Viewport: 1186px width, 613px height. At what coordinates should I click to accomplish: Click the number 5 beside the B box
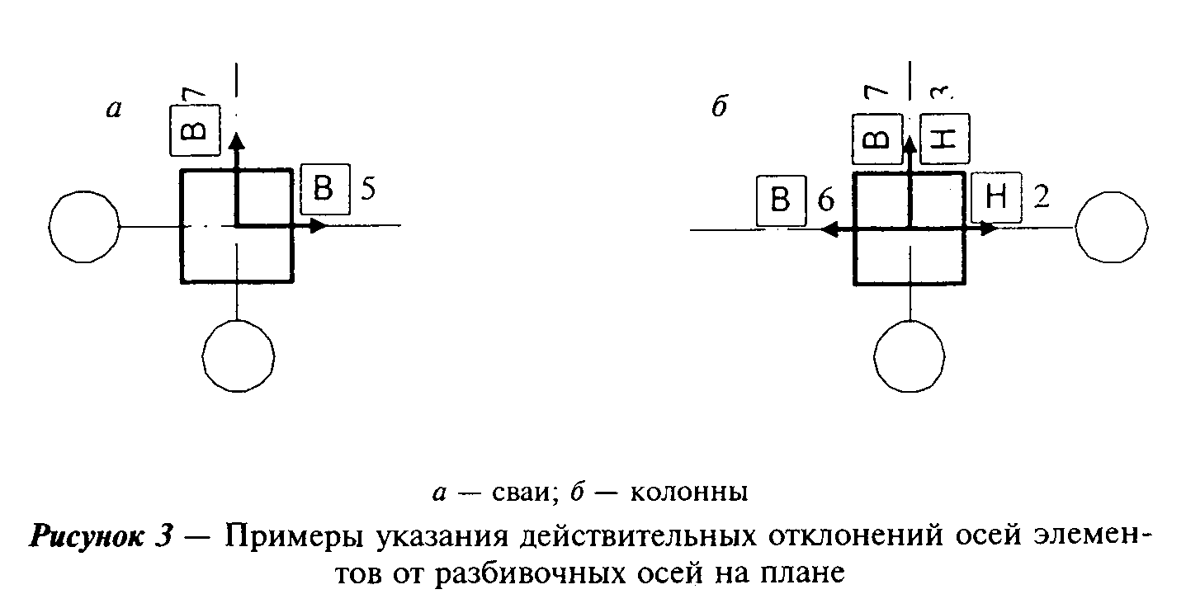tap(368, 188)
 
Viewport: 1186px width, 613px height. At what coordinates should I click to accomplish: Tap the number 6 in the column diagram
tap(826, 200)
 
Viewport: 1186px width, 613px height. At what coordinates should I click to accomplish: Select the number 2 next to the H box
tap(1042, 196)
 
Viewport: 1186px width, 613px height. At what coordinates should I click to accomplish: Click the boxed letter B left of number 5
tap(325, 189)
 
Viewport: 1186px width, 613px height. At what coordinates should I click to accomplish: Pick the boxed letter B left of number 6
tap(782, 200)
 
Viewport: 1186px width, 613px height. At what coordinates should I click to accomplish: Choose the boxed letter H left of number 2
tap(997, 197)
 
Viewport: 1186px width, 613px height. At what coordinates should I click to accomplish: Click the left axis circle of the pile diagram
tap(84, 227)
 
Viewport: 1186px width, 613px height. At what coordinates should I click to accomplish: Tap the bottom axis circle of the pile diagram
tap(239, 356)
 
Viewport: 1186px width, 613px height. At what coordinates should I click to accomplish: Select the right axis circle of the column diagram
tap(1112, 228)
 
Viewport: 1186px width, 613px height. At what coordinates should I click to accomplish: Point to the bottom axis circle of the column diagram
tap(909, 356)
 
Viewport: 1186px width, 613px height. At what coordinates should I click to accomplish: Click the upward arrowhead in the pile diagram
tap(237, 141)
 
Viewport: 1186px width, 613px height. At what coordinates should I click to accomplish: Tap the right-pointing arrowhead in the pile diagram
tap(319, 226)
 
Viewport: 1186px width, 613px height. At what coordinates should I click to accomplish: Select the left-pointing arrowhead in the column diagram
tap(829, 229)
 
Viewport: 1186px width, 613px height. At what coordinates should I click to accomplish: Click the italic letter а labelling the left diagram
tap(114, 110)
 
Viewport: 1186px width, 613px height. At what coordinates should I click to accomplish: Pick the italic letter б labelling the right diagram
tap(720, 106)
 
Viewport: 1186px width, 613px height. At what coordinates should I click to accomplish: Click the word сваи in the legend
tap(522, 493)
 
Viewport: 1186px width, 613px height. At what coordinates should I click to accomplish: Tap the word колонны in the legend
tap(689, 493)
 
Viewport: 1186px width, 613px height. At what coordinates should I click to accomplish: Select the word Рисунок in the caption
tap(87, 536)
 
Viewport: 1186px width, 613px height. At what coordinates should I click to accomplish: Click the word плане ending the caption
tap(803, 574)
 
